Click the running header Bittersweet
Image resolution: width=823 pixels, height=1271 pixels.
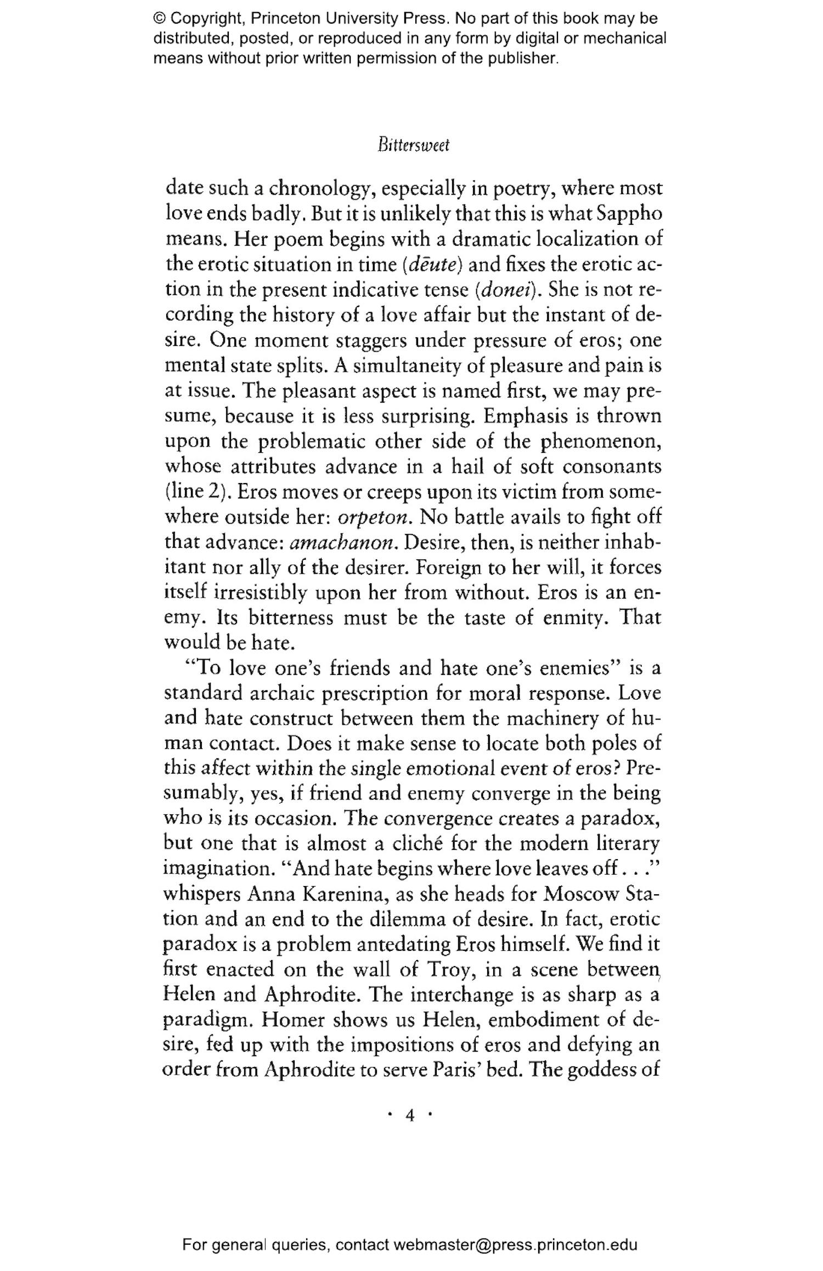pyautogui.click(x=413, y=146)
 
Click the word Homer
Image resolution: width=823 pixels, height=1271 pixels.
pyautogui.click(x=294, y=1020)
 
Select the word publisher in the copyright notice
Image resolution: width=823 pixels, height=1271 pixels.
pyautogui.click(x=519, y=58)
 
